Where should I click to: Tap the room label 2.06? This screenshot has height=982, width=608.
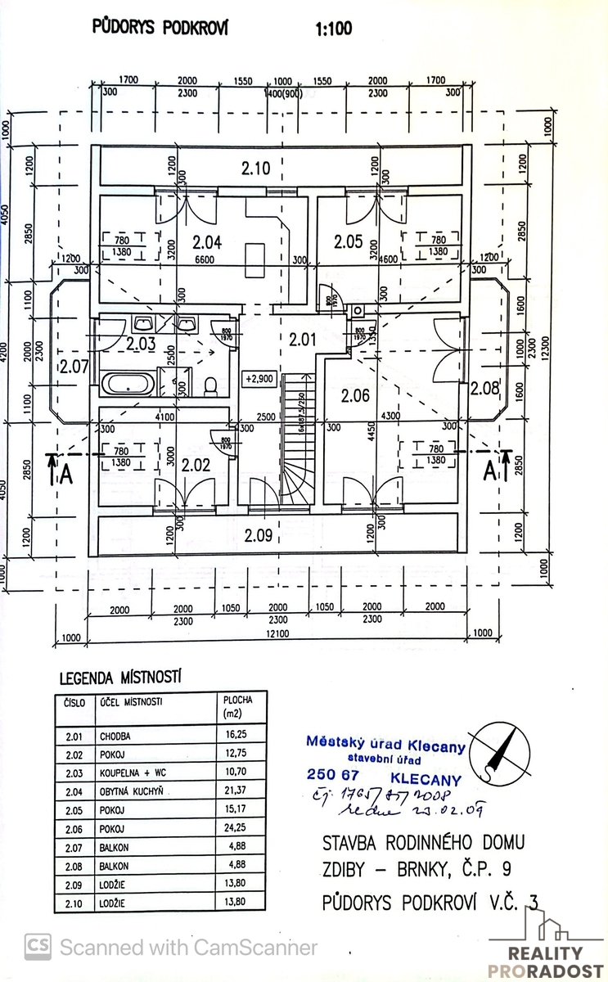point(356,397)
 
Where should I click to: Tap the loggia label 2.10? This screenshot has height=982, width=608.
point(255,169)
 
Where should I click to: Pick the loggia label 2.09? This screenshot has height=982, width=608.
point(259,537)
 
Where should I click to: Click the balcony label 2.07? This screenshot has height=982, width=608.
point(72,366)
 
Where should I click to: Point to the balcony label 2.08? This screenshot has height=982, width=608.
point(484,389)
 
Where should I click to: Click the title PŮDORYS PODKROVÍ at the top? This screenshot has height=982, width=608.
point(162,28)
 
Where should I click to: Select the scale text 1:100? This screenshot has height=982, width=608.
point(333,29)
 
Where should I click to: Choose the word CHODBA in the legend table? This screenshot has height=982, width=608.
point(117,736)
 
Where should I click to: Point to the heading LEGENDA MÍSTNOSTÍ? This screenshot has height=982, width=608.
point(119,678)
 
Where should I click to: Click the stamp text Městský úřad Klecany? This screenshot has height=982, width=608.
point(385,746)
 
